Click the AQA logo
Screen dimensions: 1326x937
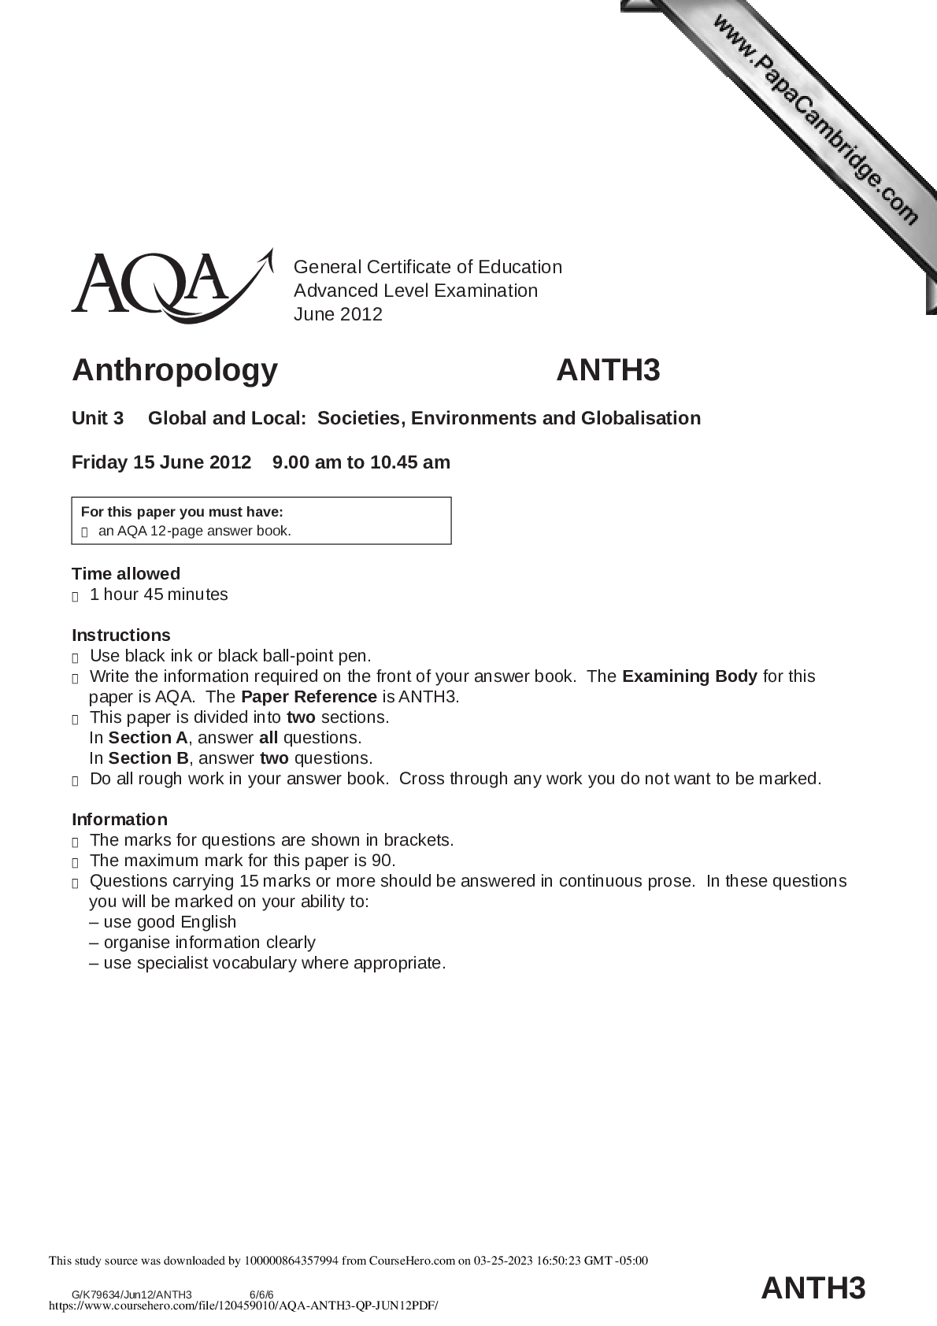[169, 286]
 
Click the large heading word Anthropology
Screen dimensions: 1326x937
[175, 369]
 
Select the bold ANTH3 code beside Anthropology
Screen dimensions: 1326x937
[608, 369]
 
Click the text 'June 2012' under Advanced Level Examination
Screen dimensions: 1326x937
[338, 314]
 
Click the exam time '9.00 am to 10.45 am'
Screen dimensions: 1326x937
[361, 462]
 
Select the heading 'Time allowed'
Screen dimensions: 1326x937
[126, 573]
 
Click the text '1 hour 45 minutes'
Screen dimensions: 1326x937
[158, 594]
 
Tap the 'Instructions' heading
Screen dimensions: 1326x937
[120, 635]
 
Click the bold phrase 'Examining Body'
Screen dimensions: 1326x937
[689, 676]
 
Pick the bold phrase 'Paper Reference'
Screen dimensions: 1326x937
[309, 697]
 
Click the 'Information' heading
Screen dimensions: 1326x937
[119, 819]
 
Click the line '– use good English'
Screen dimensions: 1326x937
[162, 922]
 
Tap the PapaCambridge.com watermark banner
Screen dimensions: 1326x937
[814, 118]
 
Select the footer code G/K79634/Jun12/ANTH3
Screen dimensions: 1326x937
[131, 1294]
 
